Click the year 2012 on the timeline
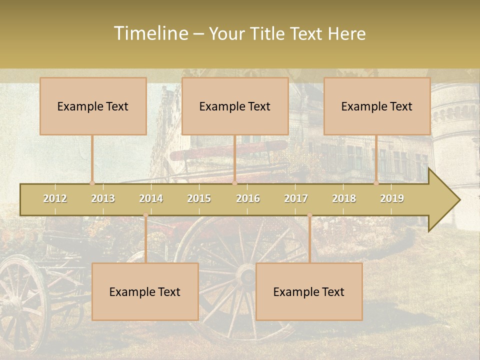coord(55,198)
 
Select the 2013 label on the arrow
coord(103,198)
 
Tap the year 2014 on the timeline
coord(151,198)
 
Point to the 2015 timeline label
coord(199,198)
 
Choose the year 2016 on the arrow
coord(248,198)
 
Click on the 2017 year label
coord(296,198)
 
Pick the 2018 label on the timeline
coord(344,198)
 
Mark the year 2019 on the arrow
coord(392,198)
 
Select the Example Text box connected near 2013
coord(93,106)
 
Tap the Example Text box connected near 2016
coord(235,106)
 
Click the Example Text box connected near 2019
coord(377,106)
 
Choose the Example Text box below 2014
coord(145,291)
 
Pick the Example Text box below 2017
coord(309,291)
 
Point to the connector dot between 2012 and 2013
coord(92,183)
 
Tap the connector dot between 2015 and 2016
coord(234,183)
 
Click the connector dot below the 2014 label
coord(145,215)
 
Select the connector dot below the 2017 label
coord(309,215)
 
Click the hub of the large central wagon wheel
coord(246,274)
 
